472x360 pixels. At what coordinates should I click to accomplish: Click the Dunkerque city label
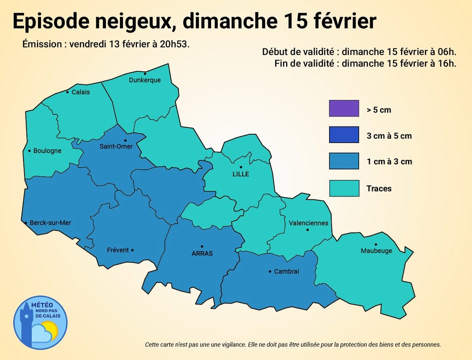(145, 80)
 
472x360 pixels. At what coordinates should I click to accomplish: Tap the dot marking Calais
(67, 92)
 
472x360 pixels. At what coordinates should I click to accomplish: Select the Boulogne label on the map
(47, 151)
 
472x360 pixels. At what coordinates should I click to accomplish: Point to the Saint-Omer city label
(116, 146)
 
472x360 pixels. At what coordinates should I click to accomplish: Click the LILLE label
(241, 174)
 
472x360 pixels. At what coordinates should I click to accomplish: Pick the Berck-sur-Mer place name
(50, 223)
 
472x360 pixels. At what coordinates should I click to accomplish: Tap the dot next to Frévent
(132, 250)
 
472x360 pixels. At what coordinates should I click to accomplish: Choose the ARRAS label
(202, 253)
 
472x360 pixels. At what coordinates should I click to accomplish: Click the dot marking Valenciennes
(308, 230)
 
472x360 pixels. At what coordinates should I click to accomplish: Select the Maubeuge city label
(376, 251)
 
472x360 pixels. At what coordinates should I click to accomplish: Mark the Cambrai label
(287, 271)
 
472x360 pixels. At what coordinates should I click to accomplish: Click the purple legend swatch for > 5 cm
(344, 108)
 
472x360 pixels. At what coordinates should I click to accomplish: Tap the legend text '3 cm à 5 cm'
(389, 136)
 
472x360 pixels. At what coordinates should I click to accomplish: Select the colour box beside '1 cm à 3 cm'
(344, 161)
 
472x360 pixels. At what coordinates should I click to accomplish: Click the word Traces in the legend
(379, 188)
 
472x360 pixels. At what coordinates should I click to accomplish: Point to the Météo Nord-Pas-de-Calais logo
(40, 322)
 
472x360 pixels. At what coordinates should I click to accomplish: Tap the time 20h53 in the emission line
(177, 44)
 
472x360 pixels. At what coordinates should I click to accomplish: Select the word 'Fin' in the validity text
(282, 63)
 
